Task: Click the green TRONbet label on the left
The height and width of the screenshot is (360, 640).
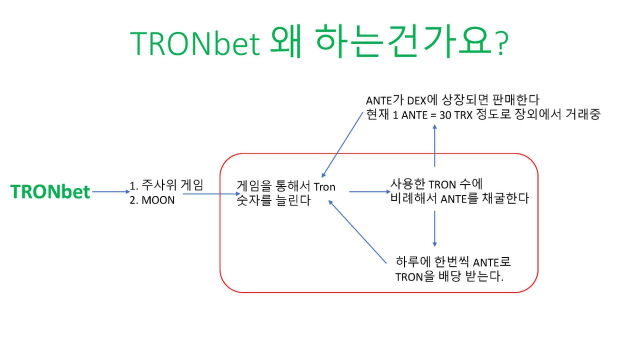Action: click(x=50, y=192)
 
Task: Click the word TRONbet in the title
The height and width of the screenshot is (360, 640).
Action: click(x=195, y=44)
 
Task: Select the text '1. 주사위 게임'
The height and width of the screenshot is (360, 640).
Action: click(x=166, y=186)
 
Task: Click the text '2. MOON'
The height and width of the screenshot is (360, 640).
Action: click(x=152, y=201)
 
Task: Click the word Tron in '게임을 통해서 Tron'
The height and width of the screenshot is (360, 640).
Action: click(x=324, y=187)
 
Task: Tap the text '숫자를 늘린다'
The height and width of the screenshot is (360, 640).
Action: click(x=273, y=201)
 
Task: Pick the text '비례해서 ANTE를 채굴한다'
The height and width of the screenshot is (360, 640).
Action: click(x=459, y=198)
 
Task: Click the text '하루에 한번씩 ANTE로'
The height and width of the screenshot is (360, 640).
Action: click(x=453, y=262)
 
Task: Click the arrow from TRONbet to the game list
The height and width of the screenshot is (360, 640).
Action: click(x=110, y=191)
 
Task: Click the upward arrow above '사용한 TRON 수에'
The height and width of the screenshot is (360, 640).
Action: click(x=434, y=145)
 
